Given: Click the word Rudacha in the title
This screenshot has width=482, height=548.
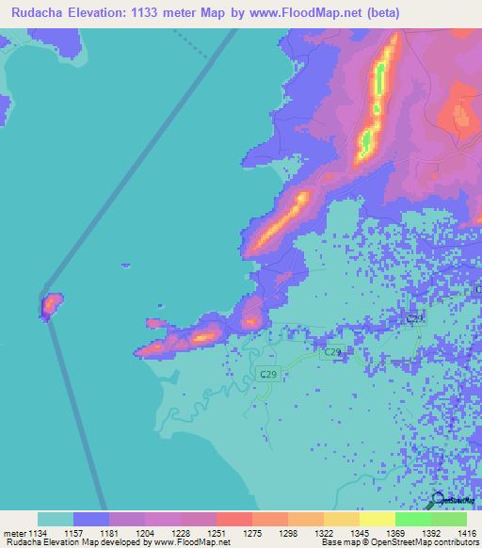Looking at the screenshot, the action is coord(39,13).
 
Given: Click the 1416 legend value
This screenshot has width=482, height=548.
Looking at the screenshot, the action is coord(467,533).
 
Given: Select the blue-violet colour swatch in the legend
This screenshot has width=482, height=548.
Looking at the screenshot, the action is coord(90,519).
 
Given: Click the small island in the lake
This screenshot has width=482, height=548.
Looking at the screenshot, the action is coord(50,305).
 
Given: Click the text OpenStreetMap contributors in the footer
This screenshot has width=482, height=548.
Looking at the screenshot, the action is coord(413,542).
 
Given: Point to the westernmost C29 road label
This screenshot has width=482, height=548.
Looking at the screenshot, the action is coord(268,375).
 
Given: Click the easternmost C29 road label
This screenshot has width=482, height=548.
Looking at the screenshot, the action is coord(413,320).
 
